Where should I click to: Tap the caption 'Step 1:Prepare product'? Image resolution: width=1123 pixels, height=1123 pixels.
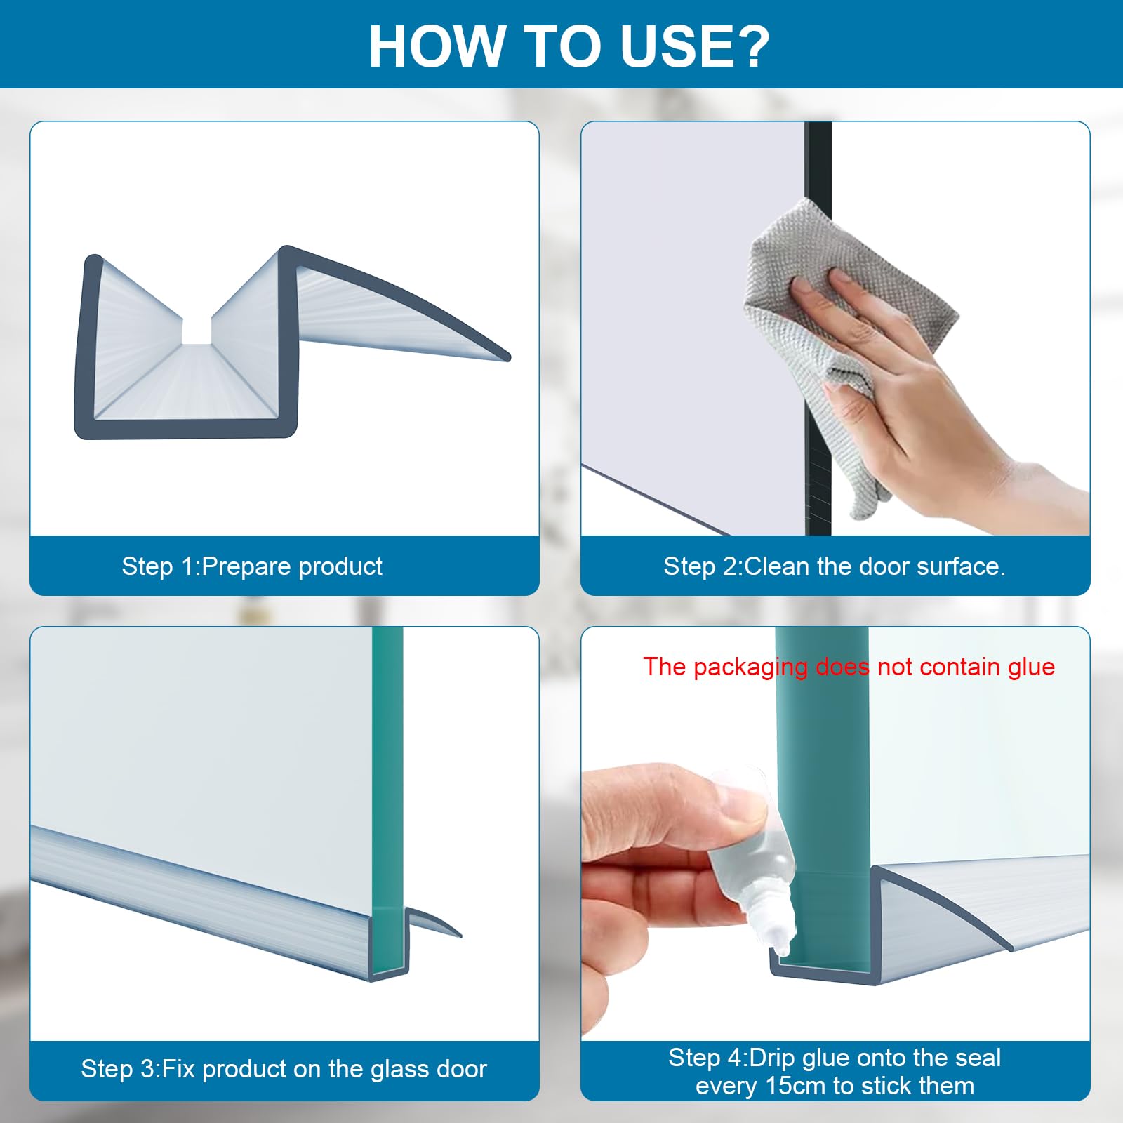(x=252, y=566)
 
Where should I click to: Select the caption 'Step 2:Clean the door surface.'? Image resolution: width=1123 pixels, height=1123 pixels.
(x=835, y=566)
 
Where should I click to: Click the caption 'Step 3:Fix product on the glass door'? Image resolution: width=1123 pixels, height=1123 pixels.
(x=284, y=1068)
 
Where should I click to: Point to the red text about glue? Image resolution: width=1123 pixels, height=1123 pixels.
(x=849, y=666)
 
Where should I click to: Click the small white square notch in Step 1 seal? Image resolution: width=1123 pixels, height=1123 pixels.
(x=197, y=329)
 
